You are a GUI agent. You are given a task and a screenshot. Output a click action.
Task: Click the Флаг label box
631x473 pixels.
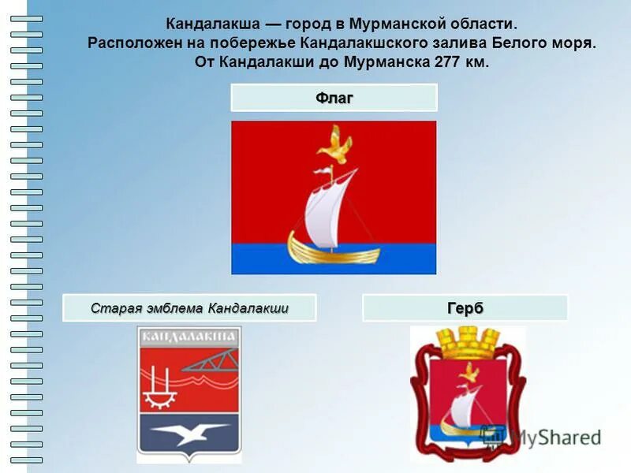pyautogui.click(x=334, y=98)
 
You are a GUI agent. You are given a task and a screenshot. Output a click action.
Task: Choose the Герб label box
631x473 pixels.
pyautogui.click(x=465, y=308)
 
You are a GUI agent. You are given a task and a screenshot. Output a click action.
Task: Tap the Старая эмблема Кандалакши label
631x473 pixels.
pyautogui.click(x=189, y=307)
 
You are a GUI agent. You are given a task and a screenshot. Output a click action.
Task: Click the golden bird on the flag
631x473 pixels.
pyautogui.click(x=334, y=146)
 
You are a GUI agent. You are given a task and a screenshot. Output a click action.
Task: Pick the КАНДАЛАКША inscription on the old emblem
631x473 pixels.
pyautogui.click(x=189, y=337)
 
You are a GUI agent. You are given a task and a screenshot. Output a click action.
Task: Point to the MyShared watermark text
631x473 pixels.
pyautogui.click(x=552, y=438)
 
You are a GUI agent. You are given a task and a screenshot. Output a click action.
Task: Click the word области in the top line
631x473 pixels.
pyautogui.click(x=485, y=24)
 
